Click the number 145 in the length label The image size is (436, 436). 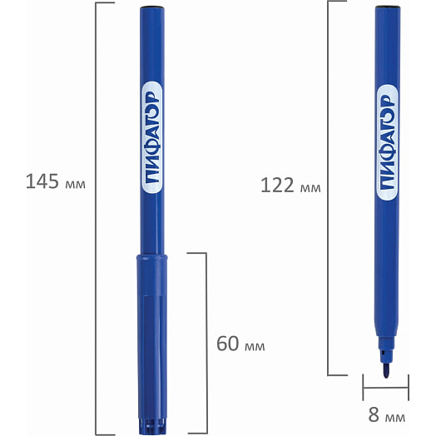42,181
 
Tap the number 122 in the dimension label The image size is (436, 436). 277,186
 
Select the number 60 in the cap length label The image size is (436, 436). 228,344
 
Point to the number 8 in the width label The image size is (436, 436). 374,414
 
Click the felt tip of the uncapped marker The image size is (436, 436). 386,370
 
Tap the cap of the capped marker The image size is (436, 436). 151,344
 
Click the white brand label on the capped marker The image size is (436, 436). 151,137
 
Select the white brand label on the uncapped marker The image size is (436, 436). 387,142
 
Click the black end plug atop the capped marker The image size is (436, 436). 151,7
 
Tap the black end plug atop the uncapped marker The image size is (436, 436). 388,6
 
